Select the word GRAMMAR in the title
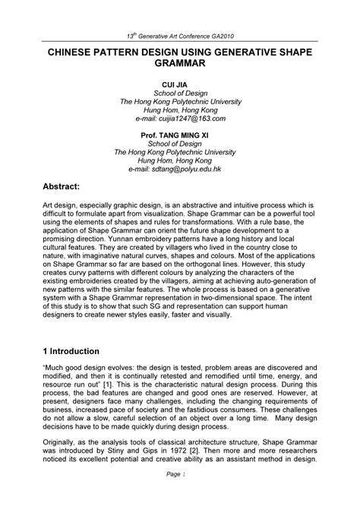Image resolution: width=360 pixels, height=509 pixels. tap(179, 65)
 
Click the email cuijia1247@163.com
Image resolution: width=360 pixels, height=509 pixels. tap(179, 119)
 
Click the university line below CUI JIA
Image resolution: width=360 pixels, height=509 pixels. tap(179, 101)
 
